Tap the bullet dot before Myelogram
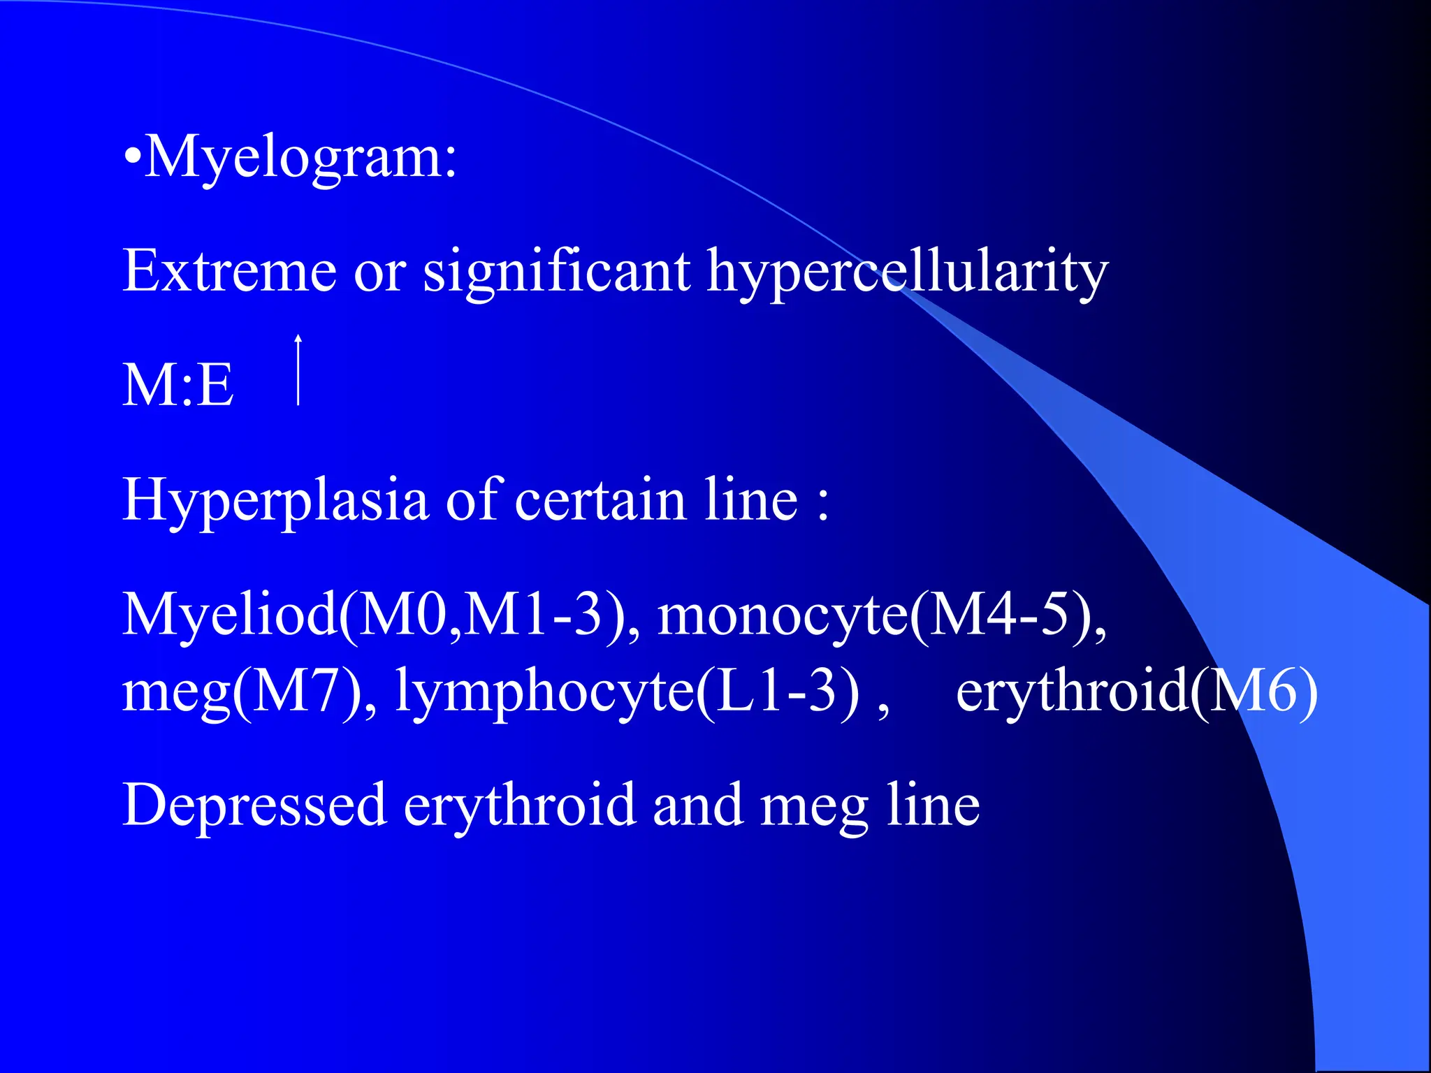click(x=131, y=159)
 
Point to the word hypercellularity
click(x=907, y=272)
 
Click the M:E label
click(x=177, y=385)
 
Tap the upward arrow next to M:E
click(x=298, y=370)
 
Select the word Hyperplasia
click(x=275, y=500)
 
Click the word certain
click(x=600, y=500)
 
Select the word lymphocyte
click(x=545, y=692)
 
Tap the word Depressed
click(x=254, y=805)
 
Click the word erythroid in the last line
click(x=519, y=805)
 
